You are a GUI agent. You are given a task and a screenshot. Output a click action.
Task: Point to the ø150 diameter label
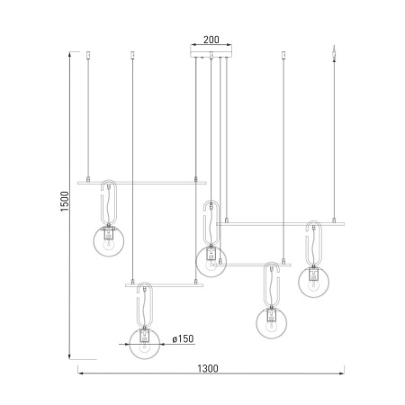[x=182, y=338]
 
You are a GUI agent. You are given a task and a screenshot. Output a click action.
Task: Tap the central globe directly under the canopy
[x=211, y=261]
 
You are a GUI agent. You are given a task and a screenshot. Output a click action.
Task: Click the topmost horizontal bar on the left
[x=137, y=182]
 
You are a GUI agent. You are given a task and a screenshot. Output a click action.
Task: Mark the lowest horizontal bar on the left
[x=164, y=285]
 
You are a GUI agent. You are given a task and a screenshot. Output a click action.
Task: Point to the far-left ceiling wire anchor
[x=88, y=57]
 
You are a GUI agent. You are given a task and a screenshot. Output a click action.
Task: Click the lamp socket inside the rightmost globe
[x=314, y=277]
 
